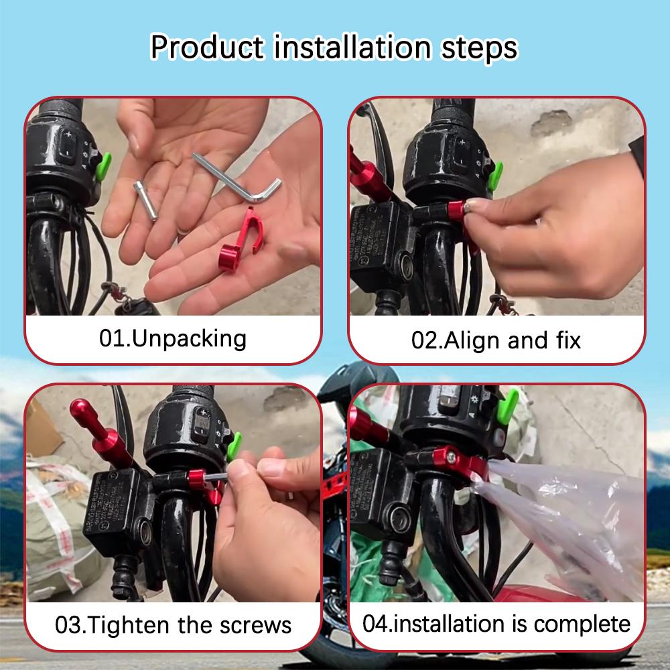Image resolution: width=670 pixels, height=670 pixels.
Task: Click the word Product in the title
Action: pyautogui.click(x=207, y=47)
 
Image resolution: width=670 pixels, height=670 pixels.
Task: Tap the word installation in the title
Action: pyautogui.click(x=352, y=47)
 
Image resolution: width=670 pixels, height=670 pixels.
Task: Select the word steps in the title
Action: pyautogui.click(x=479, y=48)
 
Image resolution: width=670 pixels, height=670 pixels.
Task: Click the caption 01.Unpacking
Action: pyautogui.click(x=173, y=339)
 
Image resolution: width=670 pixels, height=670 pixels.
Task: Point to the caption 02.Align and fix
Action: pyautogui.click(x=496, y=340)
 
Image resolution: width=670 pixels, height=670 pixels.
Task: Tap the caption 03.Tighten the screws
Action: pyautogui.click(x=173, y=625)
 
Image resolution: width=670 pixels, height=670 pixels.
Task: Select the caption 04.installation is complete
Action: pyautogui.click(x=496, y=624)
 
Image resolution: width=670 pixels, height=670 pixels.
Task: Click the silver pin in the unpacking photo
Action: pyautogui.click(x=145, y=201)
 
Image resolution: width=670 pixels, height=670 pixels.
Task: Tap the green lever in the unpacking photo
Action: pyautogui.click(x=103, y=166)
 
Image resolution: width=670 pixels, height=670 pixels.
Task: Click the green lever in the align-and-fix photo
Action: pyautogui.click(x=496, y=176)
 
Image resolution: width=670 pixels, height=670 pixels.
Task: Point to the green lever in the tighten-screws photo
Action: pyautogui.click(x=234, y=446)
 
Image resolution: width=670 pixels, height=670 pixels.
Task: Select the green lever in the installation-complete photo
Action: pyautogui.click(x=508, y=406)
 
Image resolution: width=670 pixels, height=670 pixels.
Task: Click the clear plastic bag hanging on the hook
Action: pyautogui.click(x=559, y=525)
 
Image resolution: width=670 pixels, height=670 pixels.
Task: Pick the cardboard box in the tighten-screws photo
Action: pyautogui.click(x=42, y=427)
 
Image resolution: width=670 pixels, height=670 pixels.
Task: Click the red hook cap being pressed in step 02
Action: pyautogui.click(x=456, y=210)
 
